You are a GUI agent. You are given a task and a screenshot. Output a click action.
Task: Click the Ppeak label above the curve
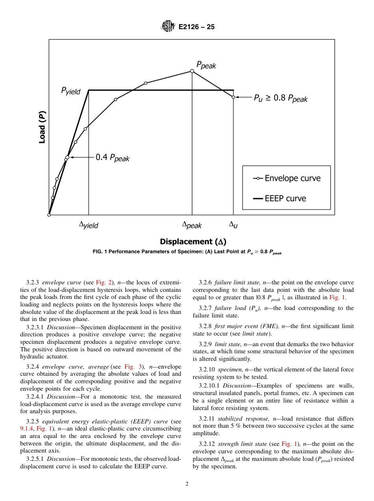pyautogui.click(x=206, y=65)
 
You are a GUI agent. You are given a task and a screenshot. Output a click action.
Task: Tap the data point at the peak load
pyautogui.click(x=192, y=71)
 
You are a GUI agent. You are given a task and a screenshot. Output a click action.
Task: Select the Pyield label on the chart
pyautogui.click(x=70, y=91)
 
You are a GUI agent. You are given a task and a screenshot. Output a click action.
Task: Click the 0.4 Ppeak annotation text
pyautogui.click(x=113, y=158)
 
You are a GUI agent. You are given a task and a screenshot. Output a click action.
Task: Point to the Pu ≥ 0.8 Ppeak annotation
pyautogui.click(x=280, y=98)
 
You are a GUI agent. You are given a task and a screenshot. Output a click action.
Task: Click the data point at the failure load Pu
pyautogui.click(x=233, y=97)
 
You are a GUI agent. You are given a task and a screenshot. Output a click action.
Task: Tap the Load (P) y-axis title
pyautogui.click(x=42, y=127)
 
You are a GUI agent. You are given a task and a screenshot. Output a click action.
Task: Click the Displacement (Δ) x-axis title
pyautogui.click(x=193, y=241)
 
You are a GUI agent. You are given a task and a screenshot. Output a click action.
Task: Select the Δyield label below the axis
pyautogui.click(x=89, y=225)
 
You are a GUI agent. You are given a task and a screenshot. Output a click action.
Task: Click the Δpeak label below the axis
pyautogui.click(x=192, y=225)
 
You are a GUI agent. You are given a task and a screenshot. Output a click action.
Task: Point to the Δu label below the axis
pyautogui.click(x=233, y=225)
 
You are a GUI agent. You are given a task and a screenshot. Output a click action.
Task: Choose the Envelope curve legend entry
pyautogui.click(x=287, y=178)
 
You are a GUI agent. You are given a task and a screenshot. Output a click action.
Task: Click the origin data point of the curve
pyautogui.click(x=49, y=215)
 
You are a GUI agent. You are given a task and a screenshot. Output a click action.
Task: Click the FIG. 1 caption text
pyautogui.click(x=187, y=252)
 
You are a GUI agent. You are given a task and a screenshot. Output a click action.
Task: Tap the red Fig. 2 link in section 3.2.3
pyautogui.click(x=102, y=282)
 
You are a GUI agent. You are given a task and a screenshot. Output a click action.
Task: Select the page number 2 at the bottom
pyautogui.click(x=187, y=484)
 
